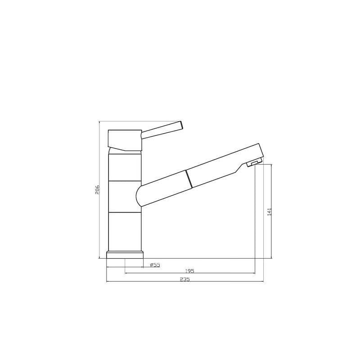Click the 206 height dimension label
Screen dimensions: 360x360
(98, 189)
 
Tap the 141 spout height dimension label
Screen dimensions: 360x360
(269, 211)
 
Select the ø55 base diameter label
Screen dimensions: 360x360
(155, 265)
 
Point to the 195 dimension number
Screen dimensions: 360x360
(189, 271)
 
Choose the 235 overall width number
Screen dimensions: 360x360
(184, 279)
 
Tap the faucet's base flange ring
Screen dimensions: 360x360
(125, 255)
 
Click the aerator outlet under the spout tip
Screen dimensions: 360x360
(254, 163)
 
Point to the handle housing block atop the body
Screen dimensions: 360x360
(125, 140)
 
